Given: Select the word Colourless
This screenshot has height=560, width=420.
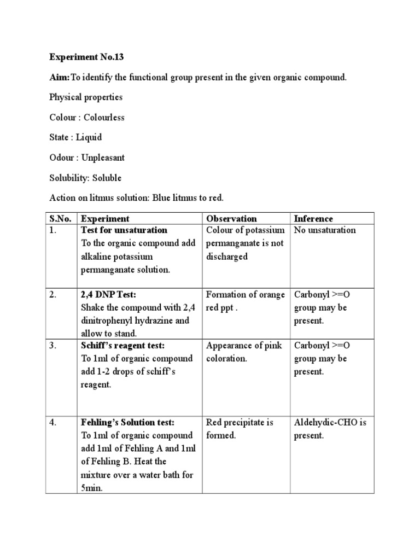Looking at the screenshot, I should click(103, 118).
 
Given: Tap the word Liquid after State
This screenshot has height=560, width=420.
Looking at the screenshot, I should click(89, 137).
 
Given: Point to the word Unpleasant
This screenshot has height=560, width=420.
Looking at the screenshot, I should click(103, 157).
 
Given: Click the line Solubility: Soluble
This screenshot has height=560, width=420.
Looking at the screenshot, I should click(85, 178).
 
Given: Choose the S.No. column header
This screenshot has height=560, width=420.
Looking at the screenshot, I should click(60, 219).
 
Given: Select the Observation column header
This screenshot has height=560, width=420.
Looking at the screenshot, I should click(231, 219).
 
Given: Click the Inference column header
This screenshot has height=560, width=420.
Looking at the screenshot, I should click(313, 219).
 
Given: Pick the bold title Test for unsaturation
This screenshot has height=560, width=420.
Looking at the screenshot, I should click(124, 230).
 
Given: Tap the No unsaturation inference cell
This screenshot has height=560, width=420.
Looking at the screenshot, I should click(325, 230).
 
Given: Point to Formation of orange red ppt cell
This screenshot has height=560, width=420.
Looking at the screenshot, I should click(246, 301).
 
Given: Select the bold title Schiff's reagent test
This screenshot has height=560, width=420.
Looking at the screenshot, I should click(122, 346).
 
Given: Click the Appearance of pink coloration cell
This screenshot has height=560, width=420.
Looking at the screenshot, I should click(244, 352).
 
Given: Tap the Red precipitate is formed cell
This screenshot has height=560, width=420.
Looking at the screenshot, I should click(240, 429).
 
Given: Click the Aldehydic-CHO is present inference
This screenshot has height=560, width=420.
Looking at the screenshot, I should click(330, 429).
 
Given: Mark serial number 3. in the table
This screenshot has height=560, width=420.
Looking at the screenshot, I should click(54, 346).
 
